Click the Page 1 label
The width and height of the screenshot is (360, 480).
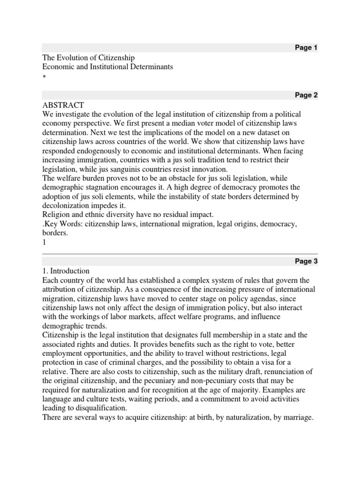pyautogui.click(x=306, y=48)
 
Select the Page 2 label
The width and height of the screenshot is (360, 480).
pyautogui.click(x=306, y=95)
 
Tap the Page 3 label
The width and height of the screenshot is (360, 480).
pyautogui.click(x=306, y=262)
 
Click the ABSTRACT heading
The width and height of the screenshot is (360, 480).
pyautogui.click(x=63, y=105)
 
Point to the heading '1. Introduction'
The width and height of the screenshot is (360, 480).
pyautogui.click(x=66, y=271)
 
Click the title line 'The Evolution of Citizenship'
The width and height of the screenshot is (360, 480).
pyautogui.click(x=89, y=58)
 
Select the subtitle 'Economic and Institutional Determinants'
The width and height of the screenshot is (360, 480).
pyautogui.click(x=108, y=67)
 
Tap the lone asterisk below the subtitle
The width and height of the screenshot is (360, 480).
pyautogui.click(x=44, y=76)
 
